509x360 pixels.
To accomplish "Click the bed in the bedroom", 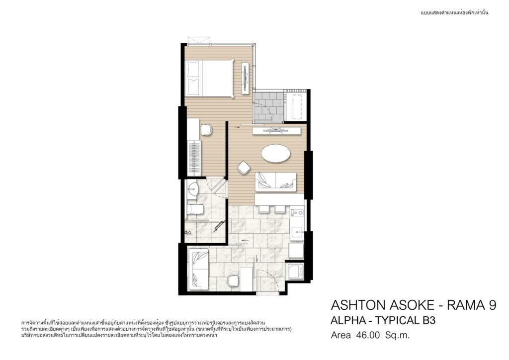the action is click(x=209, y=78).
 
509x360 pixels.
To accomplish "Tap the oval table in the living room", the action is click(x=275, y=153).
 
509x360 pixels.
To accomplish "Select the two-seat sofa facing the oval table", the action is click(x=275, y=182).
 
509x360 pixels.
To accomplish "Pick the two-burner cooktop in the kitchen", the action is click(x=297, y=213).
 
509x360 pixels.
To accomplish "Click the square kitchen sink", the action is click(x=297, y=232).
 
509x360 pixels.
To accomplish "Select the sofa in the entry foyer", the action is click(x=198, y=270).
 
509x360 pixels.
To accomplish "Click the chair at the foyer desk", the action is click(x=233, y=280).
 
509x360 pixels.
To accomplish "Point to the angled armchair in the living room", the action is click(x=244, y=168).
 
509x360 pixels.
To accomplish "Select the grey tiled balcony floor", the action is click(x=269, y=106).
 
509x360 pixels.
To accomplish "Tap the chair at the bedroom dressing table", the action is click(x=206, y=130).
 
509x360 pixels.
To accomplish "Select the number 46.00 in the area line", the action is click(x=368, y=335).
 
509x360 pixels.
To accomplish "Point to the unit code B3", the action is click(x=428, y=320).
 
